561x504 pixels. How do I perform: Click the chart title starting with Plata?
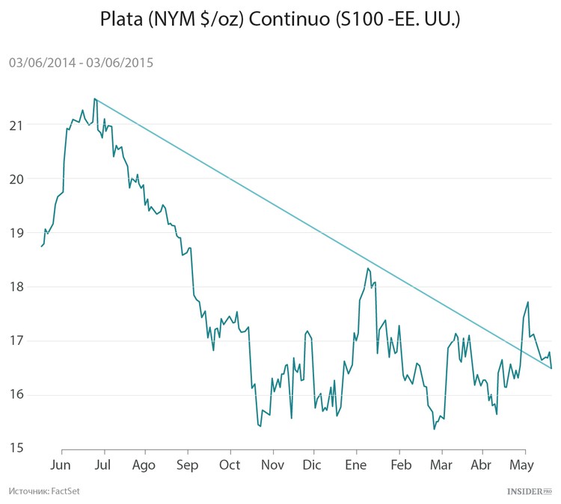(x=280, y=20)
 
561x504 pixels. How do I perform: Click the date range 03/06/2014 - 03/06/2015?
(x=81, y=63)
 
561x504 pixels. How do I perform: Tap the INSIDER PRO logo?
(x=529, y=491)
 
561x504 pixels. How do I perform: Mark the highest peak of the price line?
(x=94, y=99)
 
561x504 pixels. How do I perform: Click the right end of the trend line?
(x=551, y=367)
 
